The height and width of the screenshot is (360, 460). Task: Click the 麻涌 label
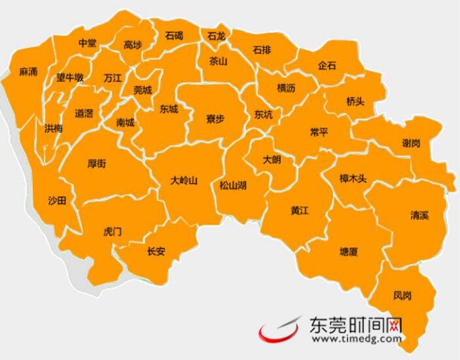point(28,71)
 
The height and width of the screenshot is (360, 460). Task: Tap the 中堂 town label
point(87,43)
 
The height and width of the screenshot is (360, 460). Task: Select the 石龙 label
point(216,37)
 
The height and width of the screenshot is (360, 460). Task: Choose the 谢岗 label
point(412,143)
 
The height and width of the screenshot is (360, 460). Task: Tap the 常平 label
point(319,132)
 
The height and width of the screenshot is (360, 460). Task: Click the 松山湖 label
point(233,185)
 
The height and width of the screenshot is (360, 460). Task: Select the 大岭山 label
point(183,180)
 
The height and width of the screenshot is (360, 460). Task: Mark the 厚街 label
point(96,164)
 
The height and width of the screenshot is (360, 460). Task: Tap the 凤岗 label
point(403,296)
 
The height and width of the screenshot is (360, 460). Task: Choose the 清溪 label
point(419,215)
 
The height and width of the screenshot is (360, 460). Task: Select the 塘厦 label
point(349,251)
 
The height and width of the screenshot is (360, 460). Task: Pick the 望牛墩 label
point(69,77)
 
